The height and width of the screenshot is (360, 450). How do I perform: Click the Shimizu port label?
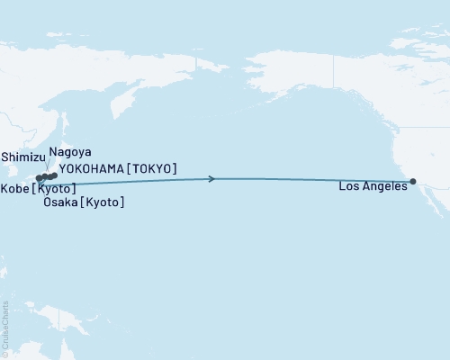22,156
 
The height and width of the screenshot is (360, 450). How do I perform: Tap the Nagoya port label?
70,152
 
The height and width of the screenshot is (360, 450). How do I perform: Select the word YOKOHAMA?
93,168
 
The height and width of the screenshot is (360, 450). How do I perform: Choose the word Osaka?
60,203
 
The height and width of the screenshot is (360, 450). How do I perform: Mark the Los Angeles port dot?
413,181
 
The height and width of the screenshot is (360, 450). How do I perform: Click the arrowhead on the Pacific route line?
211,179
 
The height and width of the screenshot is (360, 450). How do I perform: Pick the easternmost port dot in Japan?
55,175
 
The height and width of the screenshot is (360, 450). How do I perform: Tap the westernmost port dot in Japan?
39,178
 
